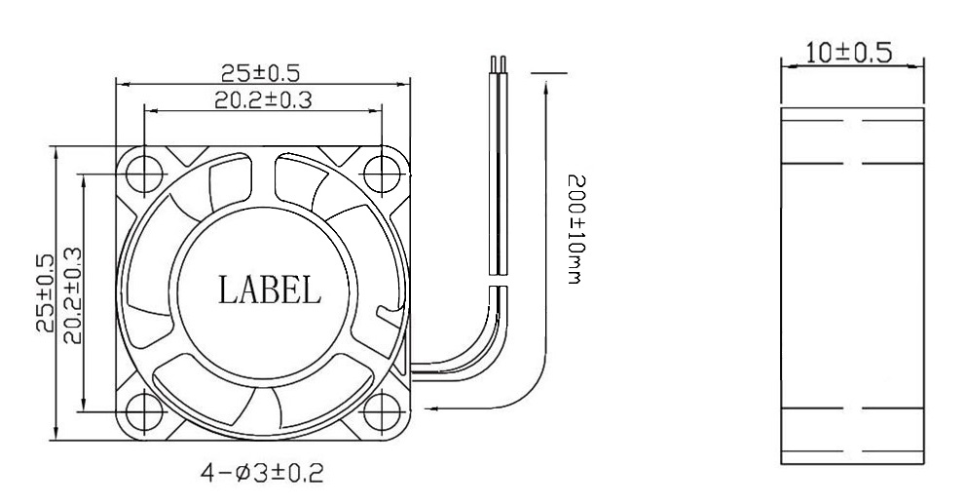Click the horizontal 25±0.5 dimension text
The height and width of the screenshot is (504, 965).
tap(259, 72)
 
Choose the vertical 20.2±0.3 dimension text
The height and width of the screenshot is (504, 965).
tap(71, 293)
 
